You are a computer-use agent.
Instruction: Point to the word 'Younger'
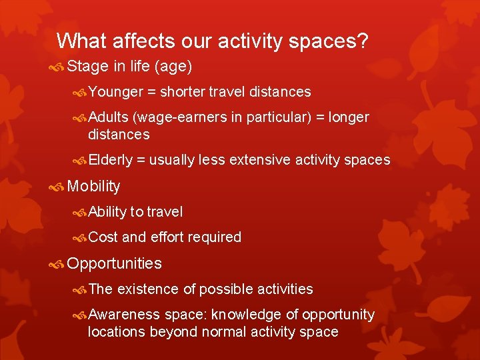coord(116,91)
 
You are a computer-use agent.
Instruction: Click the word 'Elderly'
coord(111,160)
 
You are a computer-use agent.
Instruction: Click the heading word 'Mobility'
coord(94,186)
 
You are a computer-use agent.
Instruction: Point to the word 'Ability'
coord(107,212)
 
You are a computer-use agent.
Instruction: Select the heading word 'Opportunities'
coord(114,263)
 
